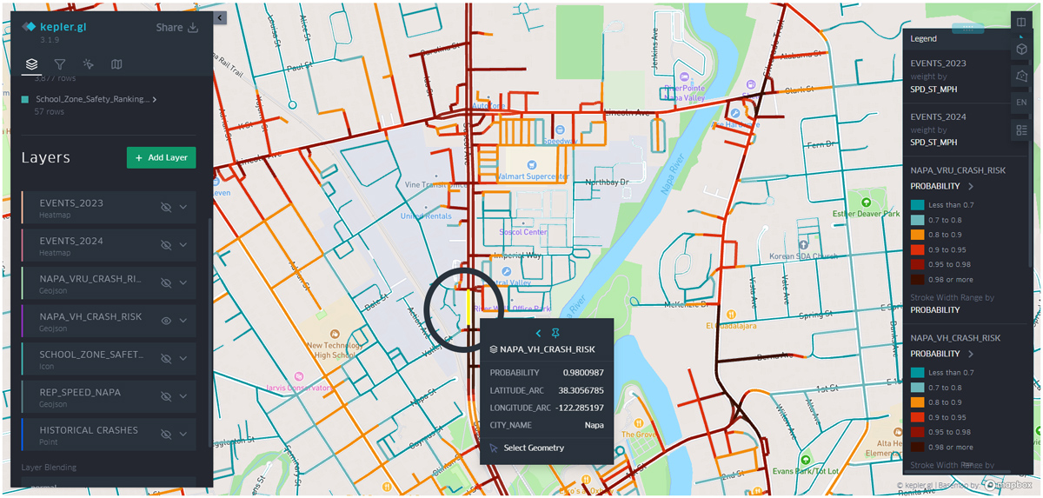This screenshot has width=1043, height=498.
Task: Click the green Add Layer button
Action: (161, 157)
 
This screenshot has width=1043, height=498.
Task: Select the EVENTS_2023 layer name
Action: (71, 203)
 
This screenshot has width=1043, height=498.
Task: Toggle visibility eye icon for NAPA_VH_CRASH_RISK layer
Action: (166, 321)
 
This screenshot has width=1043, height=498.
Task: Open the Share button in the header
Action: (176, 27)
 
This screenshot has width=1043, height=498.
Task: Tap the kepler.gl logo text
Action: (63, 27)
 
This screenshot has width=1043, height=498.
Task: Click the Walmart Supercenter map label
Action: (533, 176)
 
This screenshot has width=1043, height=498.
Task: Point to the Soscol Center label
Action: (523, 232)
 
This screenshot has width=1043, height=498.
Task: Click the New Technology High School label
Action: (334, 349)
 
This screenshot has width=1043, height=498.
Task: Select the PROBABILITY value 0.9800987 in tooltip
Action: (582, 373)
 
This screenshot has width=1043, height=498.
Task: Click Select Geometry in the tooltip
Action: (533, 448)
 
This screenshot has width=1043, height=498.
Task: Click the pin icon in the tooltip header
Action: (555, 334)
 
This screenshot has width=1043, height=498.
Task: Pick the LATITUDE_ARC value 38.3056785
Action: (580, 390)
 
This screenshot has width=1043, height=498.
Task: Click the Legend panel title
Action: (923, 39)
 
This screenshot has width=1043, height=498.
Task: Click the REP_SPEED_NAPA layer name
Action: (80, 392)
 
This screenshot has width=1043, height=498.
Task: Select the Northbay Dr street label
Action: (607, 183)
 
